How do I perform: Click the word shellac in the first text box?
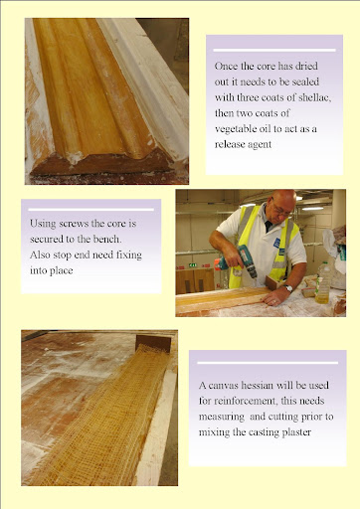pyautogui.click(x=314, y=97)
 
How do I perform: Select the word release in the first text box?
pyautogui.click(x=229, y=144)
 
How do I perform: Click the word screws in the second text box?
pyautogui.click(x=74, y=224)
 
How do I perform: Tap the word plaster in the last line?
pyautogui.click(x=296, y=432)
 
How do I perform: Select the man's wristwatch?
pyautogui.click(x=288, y=288)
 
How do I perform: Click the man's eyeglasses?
pyautogui.click(x=280, y=208)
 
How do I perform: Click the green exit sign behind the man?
pyautogui.click(x=192, y=264)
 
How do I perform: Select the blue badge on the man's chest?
pyautogui.click(x=276, y=243)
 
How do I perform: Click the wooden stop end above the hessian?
pyautogui.click(x=153, y=343)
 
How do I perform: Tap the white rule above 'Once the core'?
pyautogui.click(x=274, y=51)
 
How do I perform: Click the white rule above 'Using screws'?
pyautogui.click(x=90, y=210)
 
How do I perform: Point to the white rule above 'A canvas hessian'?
pyautogui.click(x=268, y=363)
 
